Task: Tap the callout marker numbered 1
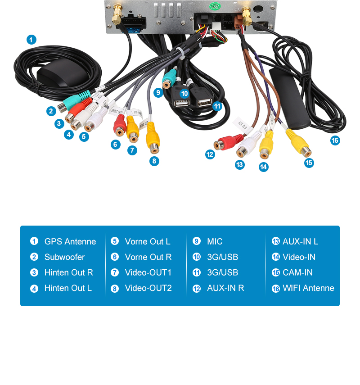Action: point(31,40)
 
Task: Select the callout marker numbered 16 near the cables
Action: point(334,140)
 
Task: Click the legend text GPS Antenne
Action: point(70,242)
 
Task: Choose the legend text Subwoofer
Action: point(64,257)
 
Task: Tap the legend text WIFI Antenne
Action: point(308,288)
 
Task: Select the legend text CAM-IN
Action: point(297,272)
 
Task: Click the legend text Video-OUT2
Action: point(148,288)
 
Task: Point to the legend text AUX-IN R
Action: point(225,288)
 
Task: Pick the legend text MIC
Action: point(215,242)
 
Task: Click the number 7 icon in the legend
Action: point(115,273)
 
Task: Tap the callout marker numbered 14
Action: point(263,167)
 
